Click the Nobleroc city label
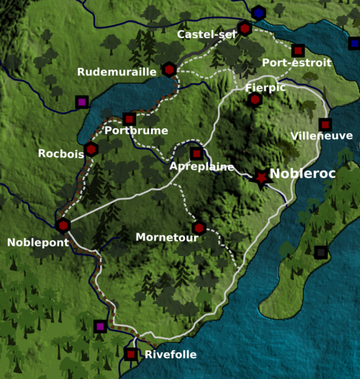[x=302, y=175]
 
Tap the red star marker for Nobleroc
[x=261, y=177]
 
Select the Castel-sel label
[x=206, y=34]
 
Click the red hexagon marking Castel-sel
[x=245, y=29]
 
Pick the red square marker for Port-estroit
[x=298, y=50]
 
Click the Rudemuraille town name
[x=117, y=71]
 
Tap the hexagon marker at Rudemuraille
[x=168, y=69]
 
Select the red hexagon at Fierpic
[x=254, y=99]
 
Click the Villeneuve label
[x=322, y=135]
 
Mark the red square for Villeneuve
[x=325, y=124]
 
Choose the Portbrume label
[x=136, y=130]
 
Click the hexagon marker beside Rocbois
[x=91, y=150]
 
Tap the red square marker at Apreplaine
[x=196, y=153]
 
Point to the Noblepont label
[x=38, y=242]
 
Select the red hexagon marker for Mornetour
[x=199, y=228]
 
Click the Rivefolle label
[x=170, y=355]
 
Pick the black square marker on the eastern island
[x=320, y=251]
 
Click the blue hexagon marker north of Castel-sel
[x=258, y=12]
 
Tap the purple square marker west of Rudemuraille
[x=81, y=102]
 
